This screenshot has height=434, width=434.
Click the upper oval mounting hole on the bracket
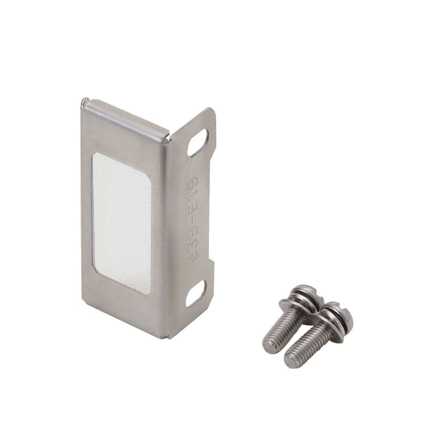point(197,143)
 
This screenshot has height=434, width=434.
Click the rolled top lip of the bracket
point(126,114)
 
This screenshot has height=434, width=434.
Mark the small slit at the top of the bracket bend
point(169,138)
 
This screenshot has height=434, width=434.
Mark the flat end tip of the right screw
point(292,361)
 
